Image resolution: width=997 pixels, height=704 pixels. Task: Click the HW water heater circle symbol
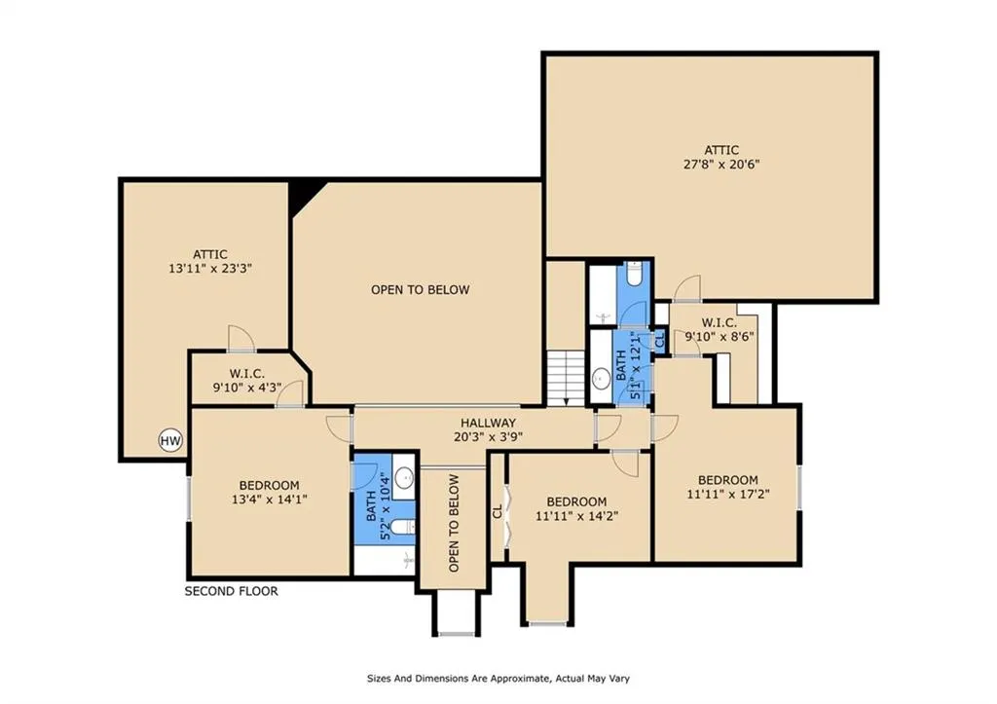tap(170, 440)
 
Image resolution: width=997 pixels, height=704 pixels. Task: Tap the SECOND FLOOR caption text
tap(232, 591)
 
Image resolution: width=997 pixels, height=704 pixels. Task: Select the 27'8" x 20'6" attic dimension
tap(721, 165)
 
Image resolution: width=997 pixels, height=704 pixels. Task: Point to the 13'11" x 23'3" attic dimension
tap(210, 269)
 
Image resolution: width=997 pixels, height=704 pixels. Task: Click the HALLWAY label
tap(489, 423)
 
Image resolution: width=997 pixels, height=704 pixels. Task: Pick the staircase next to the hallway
tap(566, 378)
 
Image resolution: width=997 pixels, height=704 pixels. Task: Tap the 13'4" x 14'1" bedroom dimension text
tap(270, 500)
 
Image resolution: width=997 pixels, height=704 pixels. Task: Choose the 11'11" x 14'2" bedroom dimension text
tap(576, 516)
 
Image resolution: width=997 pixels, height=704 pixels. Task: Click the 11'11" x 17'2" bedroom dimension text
tap(728, 494)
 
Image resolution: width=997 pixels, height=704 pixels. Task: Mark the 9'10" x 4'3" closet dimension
tap(246, 388)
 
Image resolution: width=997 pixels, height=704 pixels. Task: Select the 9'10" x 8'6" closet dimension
tap(720, 336)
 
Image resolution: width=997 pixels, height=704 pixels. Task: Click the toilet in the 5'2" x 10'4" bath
tap(402, 527)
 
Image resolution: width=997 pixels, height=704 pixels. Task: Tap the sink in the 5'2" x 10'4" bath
tap(404, 476)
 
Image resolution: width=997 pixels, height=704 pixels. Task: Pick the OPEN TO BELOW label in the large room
tap(421, 290)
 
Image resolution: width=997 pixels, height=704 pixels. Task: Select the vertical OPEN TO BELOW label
tap(454, 524)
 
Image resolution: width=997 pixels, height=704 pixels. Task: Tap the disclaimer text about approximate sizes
tap(498, 679)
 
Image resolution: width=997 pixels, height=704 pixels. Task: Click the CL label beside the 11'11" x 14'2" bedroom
tap(498, 511)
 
